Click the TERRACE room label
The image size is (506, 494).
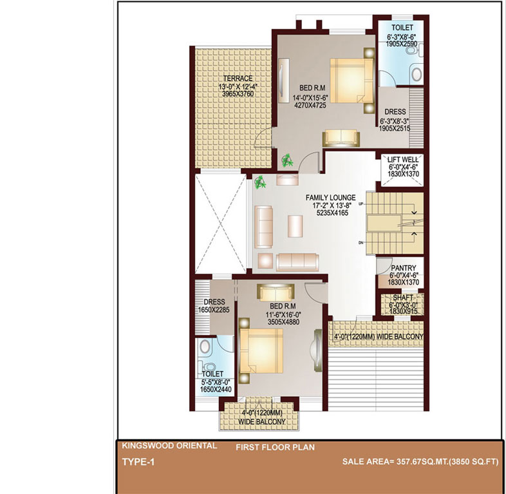[238, 79]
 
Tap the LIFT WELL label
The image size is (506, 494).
[403, 160]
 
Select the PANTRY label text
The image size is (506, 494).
[404, 268]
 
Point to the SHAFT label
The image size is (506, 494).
[403, 298]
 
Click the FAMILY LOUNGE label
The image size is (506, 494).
[330, 198]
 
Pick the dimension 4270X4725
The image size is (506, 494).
[310, 105]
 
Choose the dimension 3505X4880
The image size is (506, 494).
[283, 322]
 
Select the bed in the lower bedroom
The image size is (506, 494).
[261, 350]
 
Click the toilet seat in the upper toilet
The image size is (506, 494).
[412, 51]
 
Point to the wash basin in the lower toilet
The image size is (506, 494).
[205, 347]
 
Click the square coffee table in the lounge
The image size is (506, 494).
[295, 226]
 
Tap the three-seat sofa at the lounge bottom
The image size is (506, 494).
[297, 262]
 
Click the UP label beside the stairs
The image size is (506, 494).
[361, 204]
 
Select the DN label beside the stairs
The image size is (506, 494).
[361, 242]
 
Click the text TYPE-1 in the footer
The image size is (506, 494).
[138, 462]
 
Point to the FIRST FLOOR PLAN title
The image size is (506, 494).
[276, 448]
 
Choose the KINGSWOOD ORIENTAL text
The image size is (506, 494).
[169, 446]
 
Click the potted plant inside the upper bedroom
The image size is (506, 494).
[287, 160]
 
